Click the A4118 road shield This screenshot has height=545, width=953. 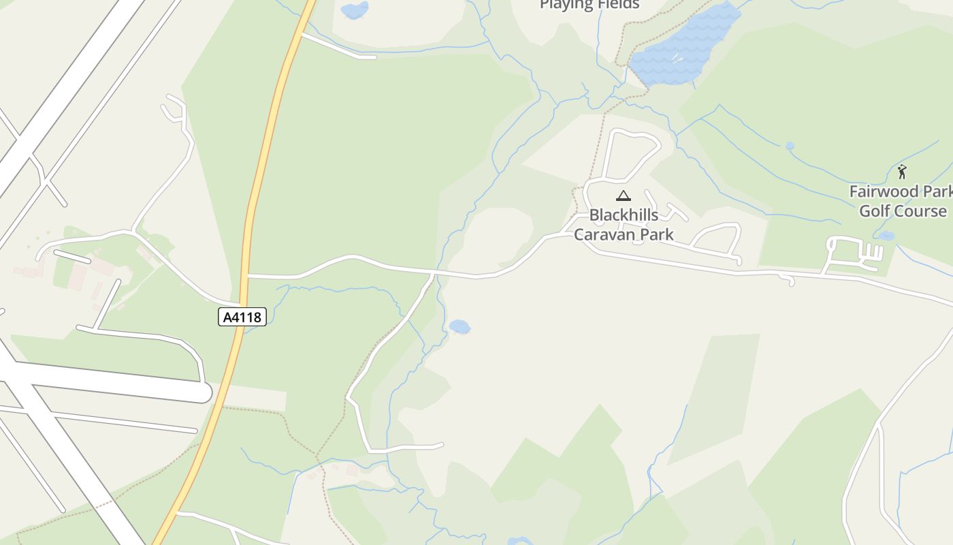pyautogui.click(x=242, y=317)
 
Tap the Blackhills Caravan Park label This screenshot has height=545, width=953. pyautogui.click(x=624, y=225)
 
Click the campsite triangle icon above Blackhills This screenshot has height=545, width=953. pyautogui.click(x=623, y=196)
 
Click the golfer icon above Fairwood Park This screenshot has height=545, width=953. pyautogui.click(x=902, y=172)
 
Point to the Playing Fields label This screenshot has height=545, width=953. pyautogui.click(x=589, y=5)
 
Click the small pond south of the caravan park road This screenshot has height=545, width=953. pyautogui.click(x=460, y=327)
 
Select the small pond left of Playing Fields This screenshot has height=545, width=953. pyautogui.click(x=354, y=10)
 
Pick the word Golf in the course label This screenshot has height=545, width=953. pyautogui.click(x=875, y=211)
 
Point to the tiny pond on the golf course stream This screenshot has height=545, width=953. pyautogui.click(x=790, y=146)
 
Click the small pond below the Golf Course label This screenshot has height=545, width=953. pyautogui.click(x=886, y=236)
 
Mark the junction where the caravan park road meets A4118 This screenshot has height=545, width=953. pyautogui.click(x=248, y=276)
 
